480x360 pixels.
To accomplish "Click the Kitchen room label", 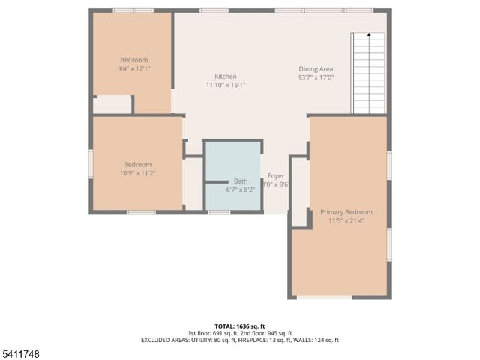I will (x=226, y=76).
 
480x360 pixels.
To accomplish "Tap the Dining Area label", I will (x=316, y=69).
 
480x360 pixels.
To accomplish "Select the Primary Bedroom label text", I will (x=346, y=212).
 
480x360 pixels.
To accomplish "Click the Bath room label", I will (x=241, y=181).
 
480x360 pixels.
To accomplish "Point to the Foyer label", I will (x=276, y=175).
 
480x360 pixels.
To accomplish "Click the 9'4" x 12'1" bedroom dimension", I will (x=134, y=68).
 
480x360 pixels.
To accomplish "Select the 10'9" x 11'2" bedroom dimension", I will (x=138, y=173).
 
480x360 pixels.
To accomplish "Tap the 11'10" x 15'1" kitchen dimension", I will (x=226, y=85).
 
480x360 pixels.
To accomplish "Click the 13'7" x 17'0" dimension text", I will (x=316, y=77).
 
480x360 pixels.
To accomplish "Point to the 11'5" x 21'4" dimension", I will (x=346, y=221).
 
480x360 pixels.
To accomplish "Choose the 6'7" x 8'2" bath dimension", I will (x=241, y=190).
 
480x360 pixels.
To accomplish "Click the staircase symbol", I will (x=368, y=75).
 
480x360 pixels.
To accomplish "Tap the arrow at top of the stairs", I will (x=368, y=35).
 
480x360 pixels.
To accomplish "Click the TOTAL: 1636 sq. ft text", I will (x=240, y=326).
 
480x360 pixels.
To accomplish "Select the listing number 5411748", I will (x=21, y=353).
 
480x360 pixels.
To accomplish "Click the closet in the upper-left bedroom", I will (x=112, y=104).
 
